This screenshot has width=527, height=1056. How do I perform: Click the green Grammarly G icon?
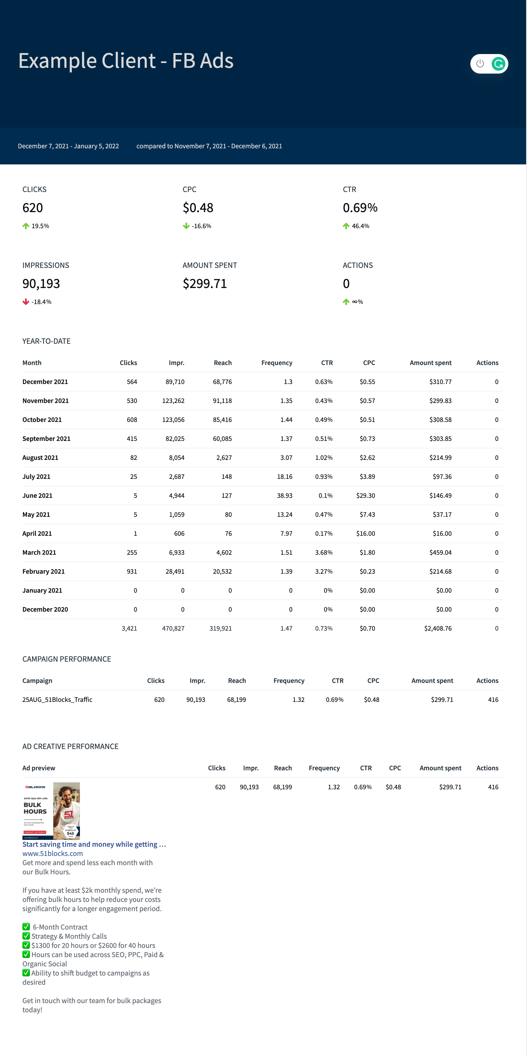(x=498, y=64)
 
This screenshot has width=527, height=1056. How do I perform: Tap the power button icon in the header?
(x=480, y=64)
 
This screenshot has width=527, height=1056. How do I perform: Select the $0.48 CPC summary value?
(x=198, y=208)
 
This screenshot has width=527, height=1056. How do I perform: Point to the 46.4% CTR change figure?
(x=361, y=226)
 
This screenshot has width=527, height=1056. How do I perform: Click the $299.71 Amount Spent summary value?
(x=205, y=284)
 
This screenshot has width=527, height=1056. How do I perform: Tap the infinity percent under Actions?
(x=357, y=302)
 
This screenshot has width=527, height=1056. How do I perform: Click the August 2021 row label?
(x=40, y=458)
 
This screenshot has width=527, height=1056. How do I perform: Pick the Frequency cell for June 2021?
(x=284, y=496)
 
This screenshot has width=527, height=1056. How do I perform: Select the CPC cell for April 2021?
(x=365, y=533)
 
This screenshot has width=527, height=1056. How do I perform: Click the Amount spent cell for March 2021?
(x=440, y=553)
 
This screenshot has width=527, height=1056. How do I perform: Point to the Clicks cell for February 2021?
(x=132, y=571)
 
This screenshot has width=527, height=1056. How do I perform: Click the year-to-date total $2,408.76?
(x=438, y=628)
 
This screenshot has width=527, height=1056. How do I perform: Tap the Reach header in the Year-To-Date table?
(x=223, y=363)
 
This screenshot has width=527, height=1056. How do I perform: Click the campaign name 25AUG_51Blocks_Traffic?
(x=58, y=700)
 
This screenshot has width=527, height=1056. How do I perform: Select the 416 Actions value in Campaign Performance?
(x=493, y=700)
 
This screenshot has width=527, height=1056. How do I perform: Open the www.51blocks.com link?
(x=53, y=853)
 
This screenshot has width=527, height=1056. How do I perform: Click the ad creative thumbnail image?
(x=51, y=811)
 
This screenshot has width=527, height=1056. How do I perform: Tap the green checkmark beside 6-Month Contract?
(x=26, y=927)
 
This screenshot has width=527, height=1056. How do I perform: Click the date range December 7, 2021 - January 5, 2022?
(x=68, y=146)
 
